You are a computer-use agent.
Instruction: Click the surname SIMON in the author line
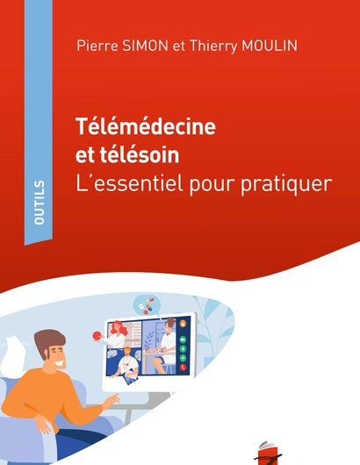point(145,46)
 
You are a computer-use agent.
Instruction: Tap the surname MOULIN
point(270,46)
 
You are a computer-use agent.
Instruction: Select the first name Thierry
point(213,46)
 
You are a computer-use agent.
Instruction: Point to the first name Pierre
point(97,46)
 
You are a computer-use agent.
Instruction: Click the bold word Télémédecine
point(146,126)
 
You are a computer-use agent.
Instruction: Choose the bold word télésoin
point(140,154)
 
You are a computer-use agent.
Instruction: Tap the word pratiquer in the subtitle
point(286,185)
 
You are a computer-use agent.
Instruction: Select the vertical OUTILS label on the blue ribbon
point(40,203)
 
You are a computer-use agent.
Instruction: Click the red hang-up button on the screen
point(184,368)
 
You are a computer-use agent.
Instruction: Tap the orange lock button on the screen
point(184,323)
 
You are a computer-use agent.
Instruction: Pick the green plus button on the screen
point(184,358)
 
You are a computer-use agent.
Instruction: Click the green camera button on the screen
point(184,340)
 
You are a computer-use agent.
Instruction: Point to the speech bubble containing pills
point(148,305)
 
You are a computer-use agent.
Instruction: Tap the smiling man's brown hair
point(49,341)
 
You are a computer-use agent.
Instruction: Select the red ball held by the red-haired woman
point(97,336)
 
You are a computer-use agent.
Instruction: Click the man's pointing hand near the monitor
point(112,400)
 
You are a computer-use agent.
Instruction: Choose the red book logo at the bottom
point(268,454)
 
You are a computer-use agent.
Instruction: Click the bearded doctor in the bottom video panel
point(127,364)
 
